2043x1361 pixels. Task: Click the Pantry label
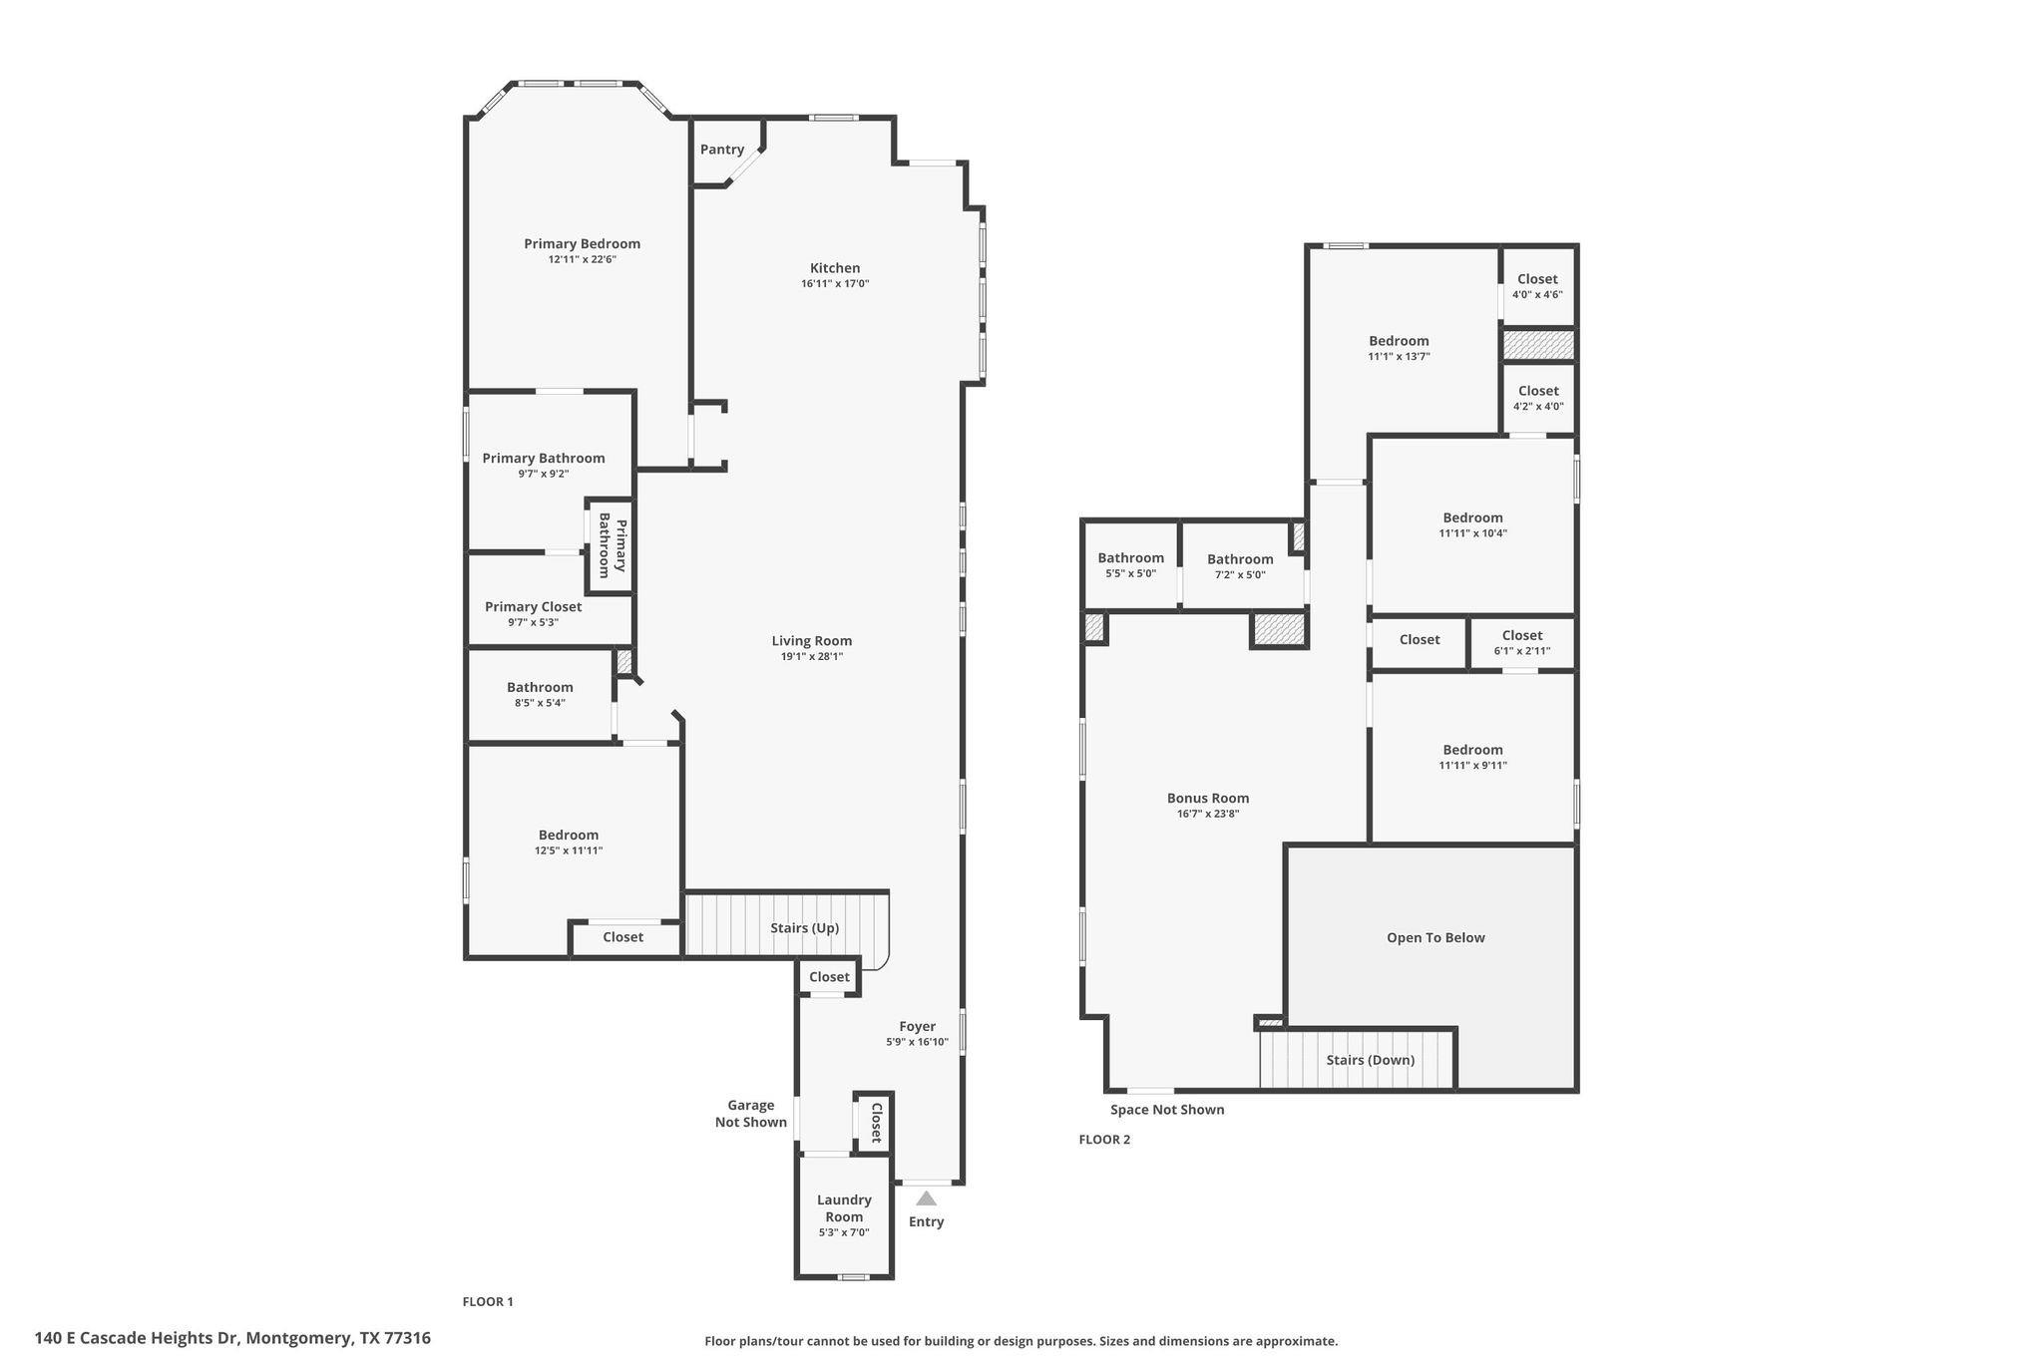[722, 150]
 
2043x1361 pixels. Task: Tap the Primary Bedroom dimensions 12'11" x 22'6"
[583, 259]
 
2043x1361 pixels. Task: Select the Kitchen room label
[835, 267]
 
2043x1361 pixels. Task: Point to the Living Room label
[812, 641]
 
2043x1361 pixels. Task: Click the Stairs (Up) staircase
[786, 924]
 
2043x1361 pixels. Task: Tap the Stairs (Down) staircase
[1357, 1059]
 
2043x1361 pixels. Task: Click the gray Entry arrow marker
[927, 1198]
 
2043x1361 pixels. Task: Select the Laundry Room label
[844, 1208]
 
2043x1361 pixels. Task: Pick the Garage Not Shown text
[751, 1114]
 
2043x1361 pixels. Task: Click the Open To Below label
[1435, 937]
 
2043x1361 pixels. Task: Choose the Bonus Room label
[1208, 798]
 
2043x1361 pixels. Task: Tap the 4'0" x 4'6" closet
[1537, 286]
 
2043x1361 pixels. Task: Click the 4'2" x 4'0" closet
[1538, 398]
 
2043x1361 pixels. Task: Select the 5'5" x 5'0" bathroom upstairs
[1131, 565]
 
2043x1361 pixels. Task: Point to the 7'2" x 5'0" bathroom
[1241, 565]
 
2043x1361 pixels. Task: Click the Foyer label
[917, 1026]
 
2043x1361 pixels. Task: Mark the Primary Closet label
[533, 606]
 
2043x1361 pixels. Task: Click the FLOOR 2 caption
[1104, 1140]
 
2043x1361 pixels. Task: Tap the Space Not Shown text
[1167, 1110]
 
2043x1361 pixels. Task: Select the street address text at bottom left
[232, 1338]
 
